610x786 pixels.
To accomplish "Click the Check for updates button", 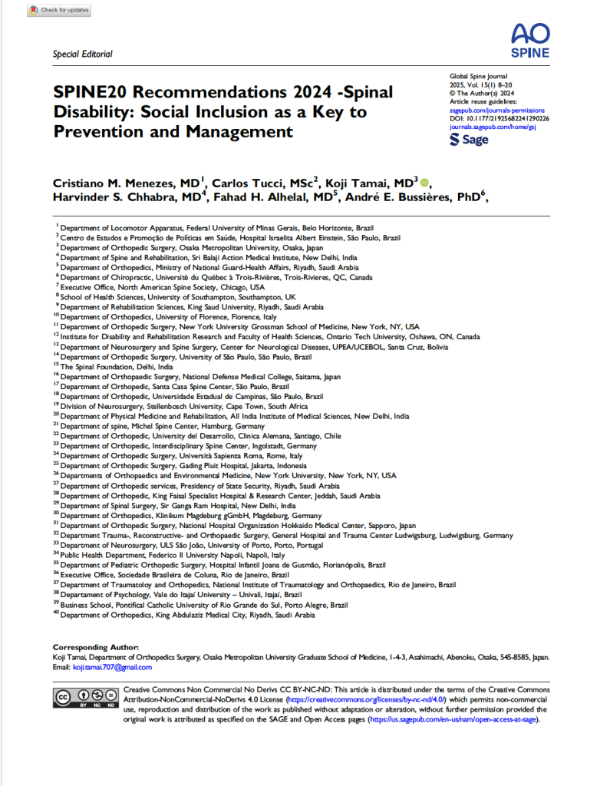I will (59, 10).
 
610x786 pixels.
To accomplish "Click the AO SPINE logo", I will (529, 39).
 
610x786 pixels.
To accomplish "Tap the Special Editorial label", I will (82, 54).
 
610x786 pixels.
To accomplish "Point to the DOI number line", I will (499, 118).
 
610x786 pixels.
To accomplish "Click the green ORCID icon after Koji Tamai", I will (425, 182).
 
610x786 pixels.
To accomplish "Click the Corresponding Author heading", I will (95, 648).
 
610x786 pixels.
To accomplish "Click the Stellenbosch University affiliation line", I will (184, 405).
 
